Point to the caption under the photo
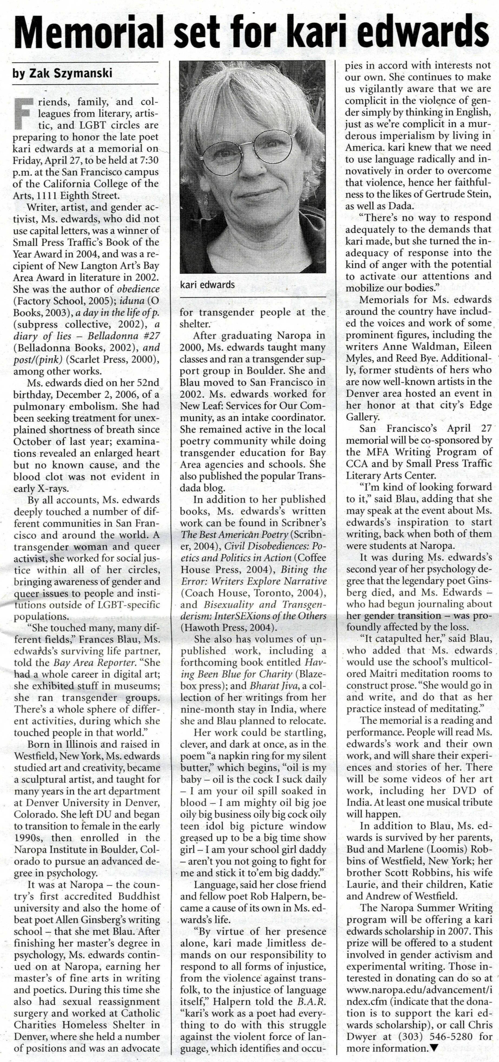[x=207, y=284]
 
